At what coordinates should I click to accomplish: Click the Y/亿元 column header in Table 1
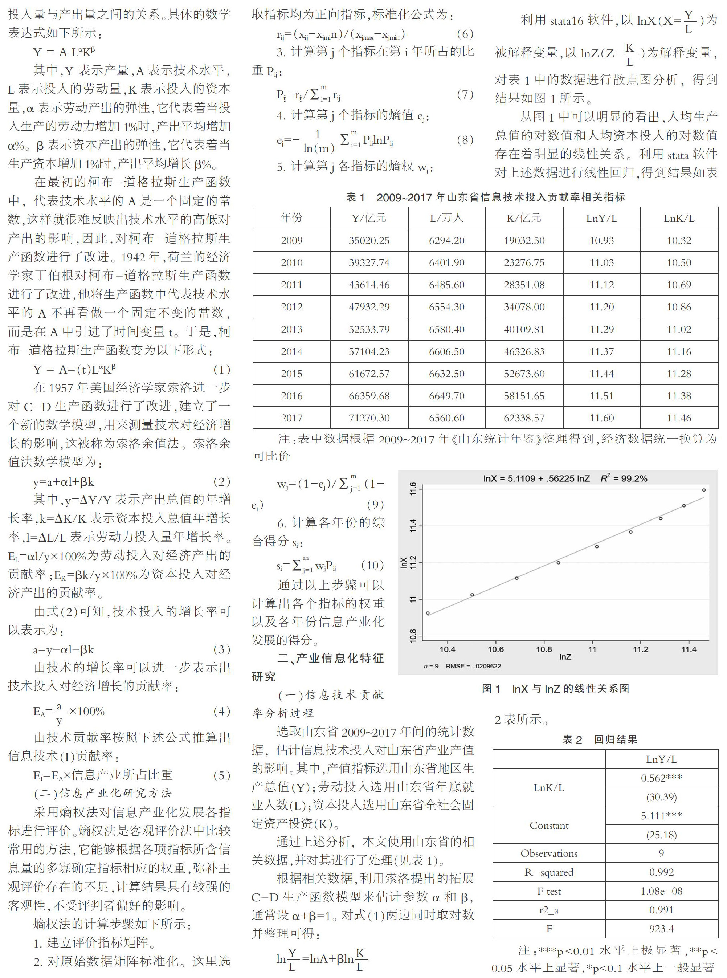369,218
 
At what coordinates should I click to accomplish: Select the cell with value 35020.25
369,240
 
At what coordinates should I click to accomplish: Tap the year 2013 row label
291,329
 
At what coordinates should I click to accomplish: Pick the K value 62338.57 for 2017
524,418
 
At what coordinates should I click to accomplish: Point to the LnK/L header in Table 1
679,218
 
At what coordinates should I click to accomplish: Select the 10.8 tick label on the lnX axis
413,636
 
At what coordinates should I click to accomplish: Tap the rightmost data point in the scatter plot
704,490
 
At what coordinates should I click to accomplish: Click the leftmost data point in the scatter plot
428,613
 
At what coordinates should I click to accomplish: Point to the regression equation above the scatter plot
565,478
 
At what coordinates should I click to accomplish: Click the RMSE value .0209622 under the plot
487,666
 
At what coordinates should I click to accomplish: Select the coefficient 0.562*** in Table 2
661,778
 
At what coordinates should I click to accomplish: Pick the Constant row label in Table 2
549,825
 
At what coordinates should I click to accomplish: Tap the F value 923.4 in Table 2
661,928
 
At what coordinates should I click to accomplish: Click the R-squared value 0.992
661,872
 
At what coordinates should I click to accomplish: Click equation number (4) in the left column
221,711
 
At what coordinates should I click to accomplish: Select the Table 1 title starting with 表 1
485,197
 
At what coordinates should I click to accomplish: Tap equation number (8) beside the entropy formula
465,140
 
